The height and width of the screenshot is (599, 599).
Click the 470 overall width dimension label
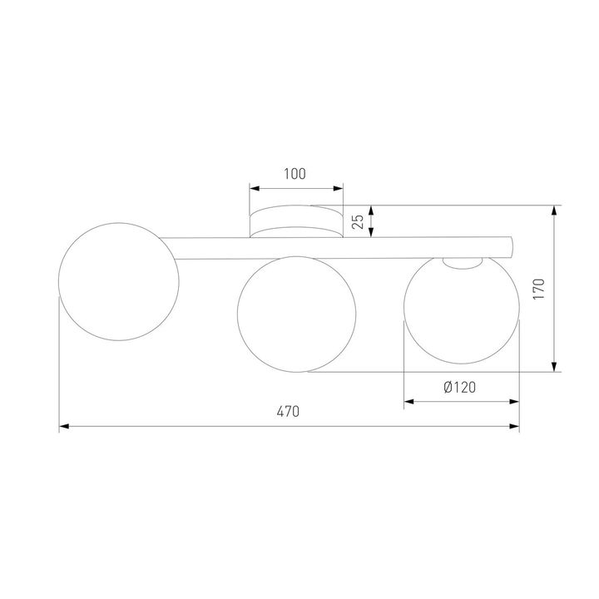(288, 411)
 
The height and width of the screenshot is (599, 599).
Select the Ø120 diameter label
(460, 387)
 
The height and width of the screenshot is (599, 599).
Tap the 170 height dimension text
(538, 288)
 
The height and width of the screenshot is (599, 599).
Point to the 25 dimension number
(356, 222)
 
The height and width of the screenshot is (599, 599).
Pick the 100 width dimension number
(295, 174)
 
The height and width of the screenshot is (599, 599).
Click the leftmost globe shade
(118, 283)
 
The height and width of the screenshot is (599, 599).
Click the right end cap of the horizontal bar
(512, 246)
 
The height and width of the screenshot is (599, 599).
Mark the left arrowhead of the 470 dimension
(64, 428)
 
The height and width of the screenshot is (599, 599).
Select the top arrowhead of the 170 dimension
(554, 210)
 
